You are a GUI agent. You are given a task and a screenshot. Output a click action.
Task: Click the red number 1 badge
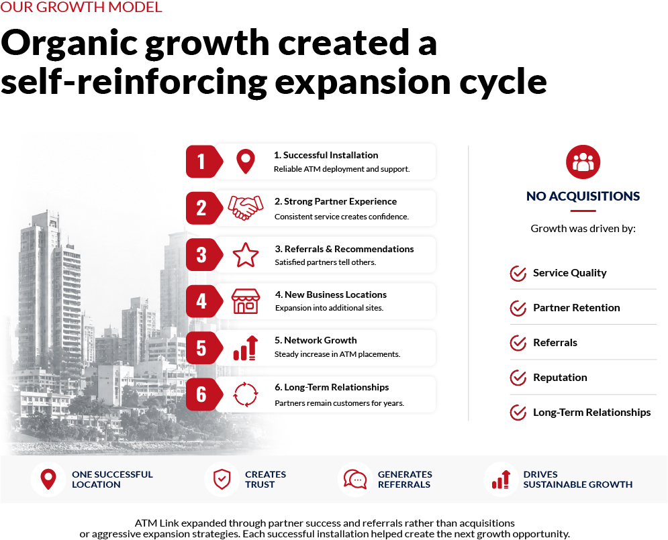[x=204, y=162]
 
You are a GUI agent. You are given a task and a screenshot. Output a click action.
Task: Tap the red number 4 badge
[x=204, y=301]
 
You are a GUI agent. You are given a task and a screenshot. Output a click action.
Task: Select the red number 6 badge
[x=204, y=394]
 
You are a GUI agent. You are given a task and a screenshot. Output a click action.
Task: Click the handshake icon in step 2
[x=246, y=208]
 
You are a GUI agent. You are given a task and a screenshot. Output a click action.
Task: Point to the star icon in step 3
[x=246, y=255]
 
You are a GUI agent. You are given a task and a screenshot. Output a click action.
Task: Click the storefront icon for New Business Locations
[x=246, y=301]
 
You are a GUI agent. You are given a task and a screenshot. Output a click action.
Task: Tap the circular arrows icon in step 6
[x=246, y=394]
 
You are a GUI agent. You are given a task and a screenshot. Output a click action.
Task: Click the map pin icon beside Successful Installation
[x=246, y=161]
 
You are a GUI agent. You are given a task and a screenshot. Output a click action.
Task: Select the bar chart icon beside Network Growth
[x=246, y=348]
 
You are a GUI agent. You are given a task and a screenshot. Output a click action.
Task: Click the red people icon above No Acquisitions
[x=583, y=162]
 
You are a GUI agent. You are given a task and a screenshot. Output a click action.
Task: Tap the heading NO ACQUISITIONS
[x=583, y=196]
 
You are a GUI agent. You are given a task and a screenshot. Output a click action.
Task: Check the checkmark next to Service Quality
[x=518, y=273]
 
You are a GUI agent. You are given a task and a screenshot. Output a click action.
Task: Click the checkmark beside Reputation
[x=518, y=378]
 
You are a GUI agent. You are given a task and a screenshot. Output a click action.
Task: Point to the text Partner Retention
[x=577, y=308]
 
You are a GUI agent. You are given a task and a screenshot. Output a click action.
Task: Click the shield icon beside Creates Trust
[x=222, y=480]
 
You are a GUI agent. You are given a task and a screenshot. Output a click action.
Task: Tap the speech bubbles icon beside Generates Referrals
[x=355, y=480]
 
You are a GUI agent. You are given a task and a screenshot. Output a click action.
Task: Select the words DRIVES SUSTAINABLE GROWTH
[x=577, y=480]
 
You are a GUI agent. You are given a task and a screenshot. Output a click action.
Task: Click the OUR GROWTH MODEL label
[x=81, y=7]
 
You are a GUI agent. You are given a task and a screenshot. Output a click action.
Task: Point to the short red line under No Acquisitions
[x=583, y=211]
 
